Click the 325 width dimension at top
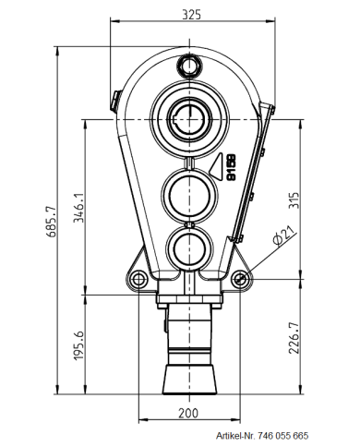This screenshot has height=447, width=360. [x=191, y=16]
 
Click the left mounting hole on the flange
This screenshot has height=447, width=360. [x=138, y=278]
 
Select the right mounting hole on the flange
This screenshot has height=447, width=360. [x=242, y=278]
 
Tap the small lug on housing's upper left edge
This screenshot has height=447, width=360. [x=114, y=95]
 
